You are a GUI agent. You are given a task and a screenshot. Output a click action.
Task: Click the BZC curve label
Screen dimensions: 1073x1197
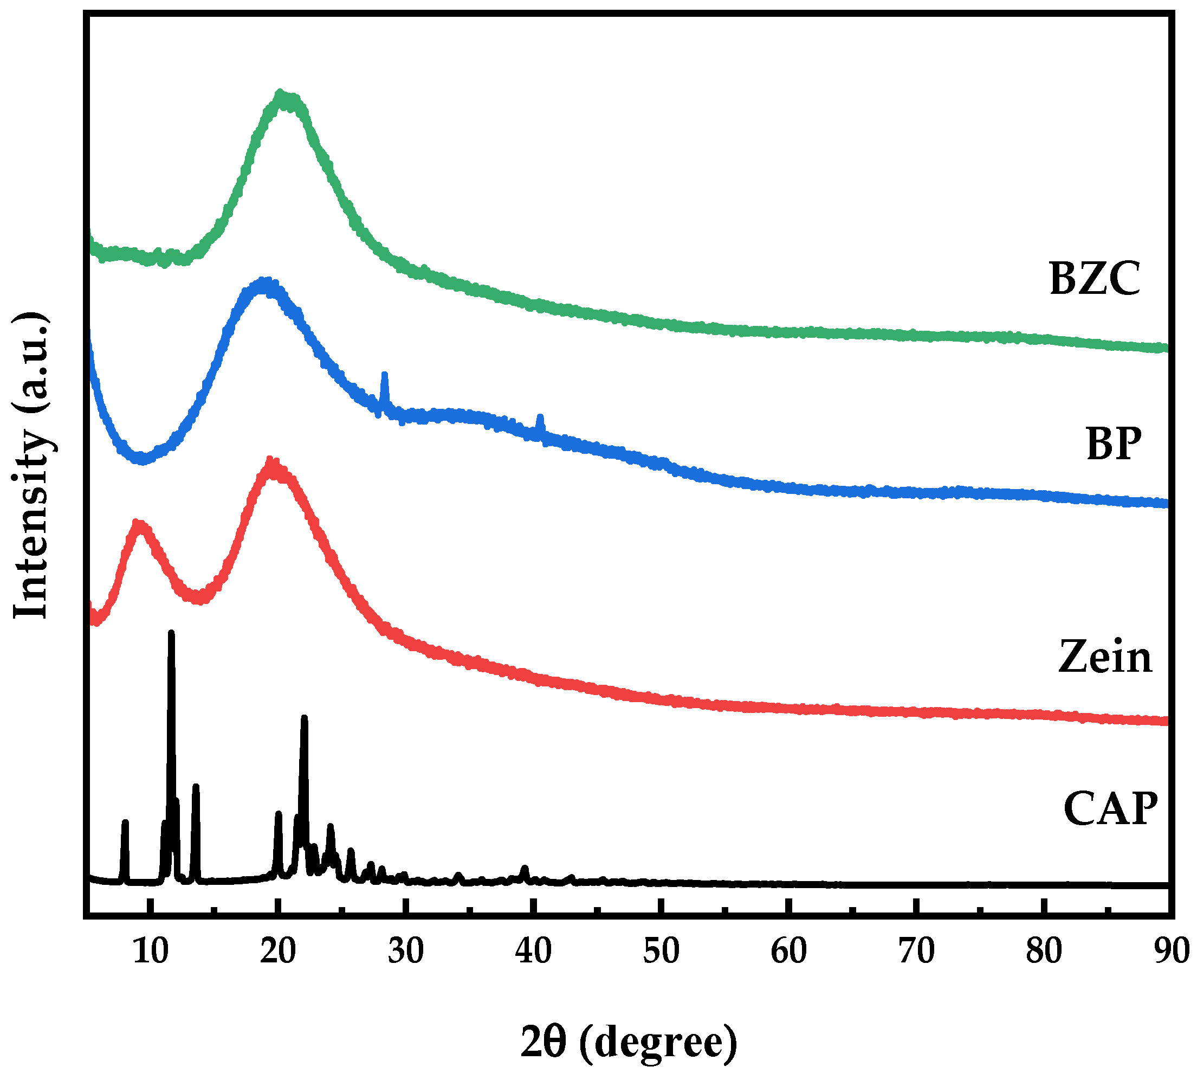pos(1094,278)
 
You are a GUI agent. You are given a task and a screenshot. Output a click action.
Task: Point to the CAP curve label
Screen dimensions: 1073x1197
pos(1110,809)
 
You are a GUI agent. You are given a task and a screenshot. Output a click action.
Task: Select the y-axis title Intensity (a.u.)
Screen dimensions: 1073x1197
pos(31,465)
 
